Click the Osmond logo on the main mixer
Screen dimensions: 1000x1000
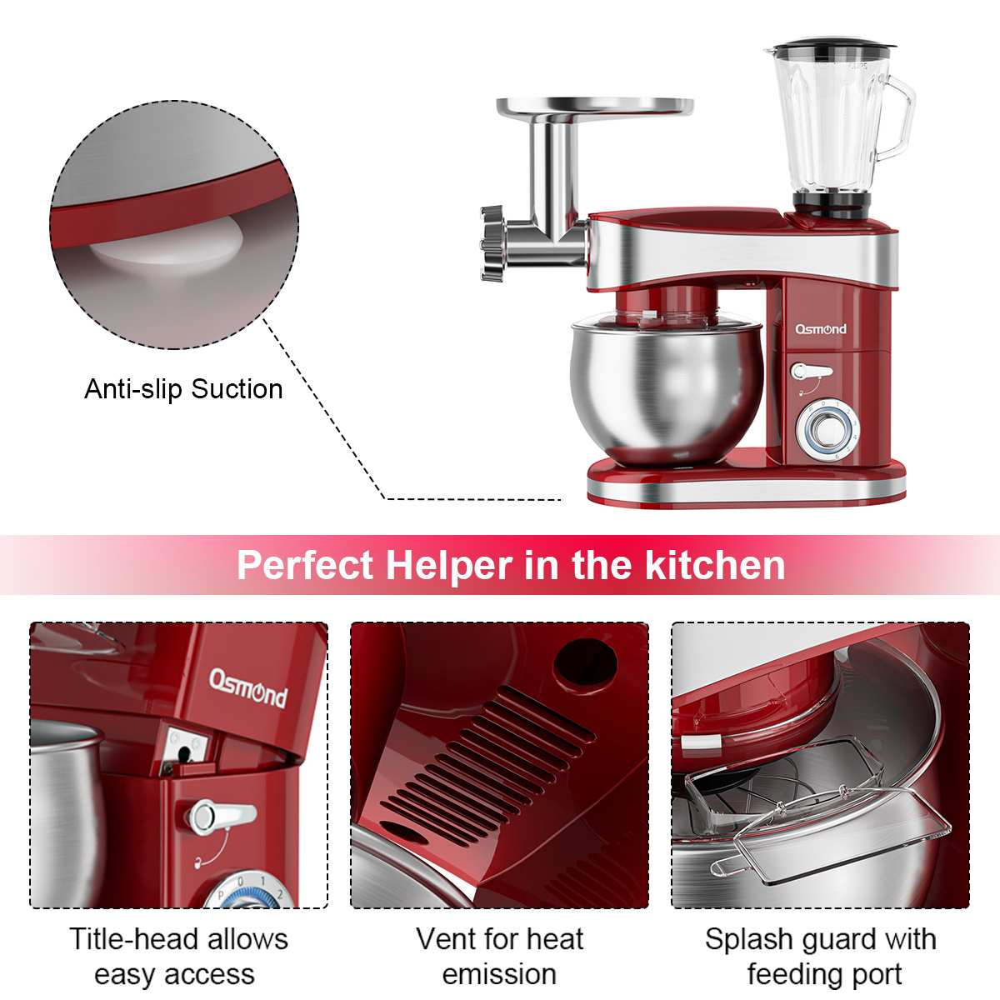click(x=821, y=329)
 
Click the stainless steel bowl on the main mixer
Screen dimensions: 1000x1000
click(x=667, y=392)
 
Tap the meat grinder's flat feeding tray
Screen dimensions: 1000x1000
click(x=595, y=107)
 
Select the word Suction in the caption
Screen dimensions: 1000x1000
click(x=237, y=389)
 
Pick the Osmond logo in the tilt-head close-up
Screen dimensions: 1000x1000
click(x=247, y=688)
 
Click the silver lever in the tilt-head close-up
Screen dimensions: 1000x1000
click(x=222, y=817)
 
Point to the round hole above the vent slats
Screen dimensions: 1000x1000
click(x=585, y=665)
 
